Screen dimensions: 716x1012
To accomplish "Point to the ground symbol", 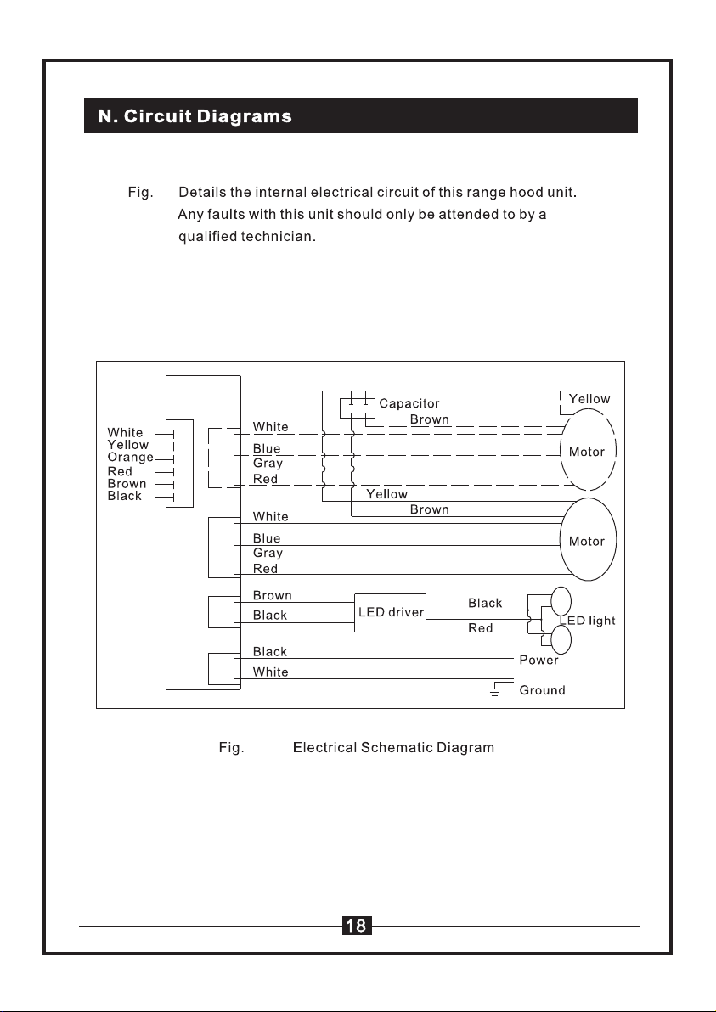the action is coord(495,690).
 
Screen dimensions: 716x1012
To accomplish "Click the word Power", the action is coord(538,660).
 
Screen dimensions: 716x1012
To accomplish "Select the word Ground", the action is coord(542,690).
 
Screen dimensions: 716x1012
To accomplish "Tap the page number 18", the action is coord(357,926).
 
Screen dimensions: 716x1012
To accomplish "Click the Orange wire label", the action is coord(131,457).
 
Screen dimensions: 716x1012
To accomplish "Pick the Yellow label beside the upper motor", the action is coord(589,399).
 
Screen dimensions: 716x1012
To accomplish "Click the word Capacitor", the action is coord(409,403).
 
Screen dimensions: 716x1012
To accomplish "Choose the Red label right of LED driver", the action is coord(481,628).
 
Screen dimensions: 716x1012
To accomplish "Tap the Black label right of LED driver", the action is coord(485,603).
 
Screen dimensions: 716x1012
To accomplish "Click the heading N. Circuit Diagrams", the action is coord(195,116).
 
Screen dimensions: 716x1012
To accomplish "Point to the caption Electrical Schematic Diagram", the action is coord(393,747).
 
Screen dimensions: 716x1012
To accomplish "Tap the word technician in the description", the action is coord(279,236).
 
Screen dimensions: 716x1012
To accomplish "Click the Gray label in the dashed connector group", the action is coord(268,464).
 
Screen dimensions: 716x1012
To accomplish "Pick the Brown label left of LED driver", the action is coord(272,595).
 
